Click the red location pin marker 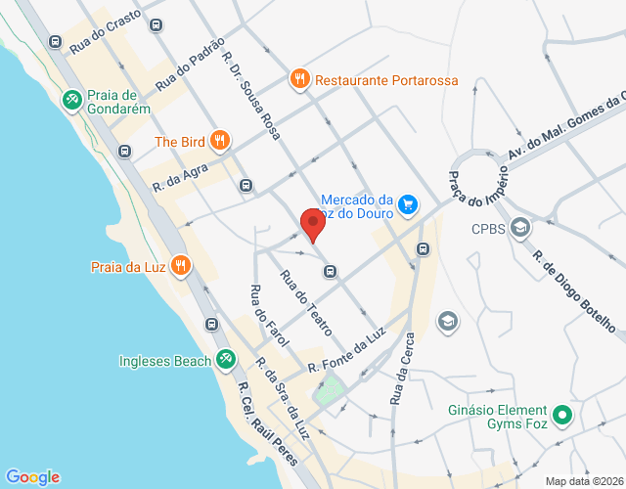tap(312, 224)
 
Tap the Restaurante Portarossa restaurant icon tap(299, 79)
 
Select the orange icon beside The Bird tap(220, 141)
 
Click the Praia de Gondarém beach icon tap(71, 100)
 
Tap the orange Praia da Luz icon tap(180, 265)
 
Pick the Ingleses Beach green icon tap(226, 360)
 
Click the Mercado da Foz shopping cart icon tap(408, 205)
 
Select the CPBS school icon tap(520, 230)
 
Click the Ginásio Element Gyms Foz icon tap(562, 417)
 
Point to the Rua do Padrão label tap(190, 64)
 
